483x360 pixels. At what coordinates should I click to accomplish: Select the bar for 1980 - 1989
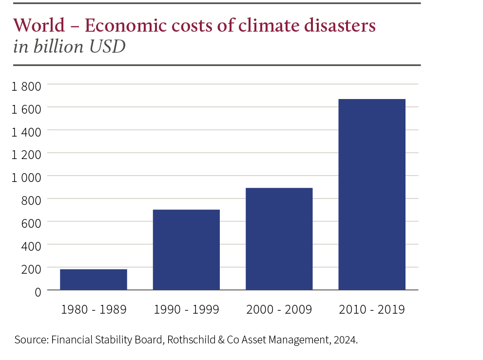pyautogui.click(x=93, y=280)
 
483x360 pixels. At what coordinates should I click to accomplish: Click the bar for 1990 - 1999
pyautogui.click(x=186, y=249)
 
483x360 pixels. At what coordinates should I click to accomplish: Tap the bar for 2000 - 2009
pyautogui.click(x=279, y=239)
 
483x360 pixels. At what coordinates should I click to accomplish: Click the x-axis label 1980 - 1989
pyautogui.click(x=94, y=310)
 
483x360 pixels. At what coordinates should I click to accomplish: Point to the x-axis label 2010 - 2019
pyautogui.click(x=371, y=310)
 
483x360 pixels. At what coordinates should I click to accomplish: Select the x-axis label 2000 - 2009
pyautogui.click(x=279, y=310)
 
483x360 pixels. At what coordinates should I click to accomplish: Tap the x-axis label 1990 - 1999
pyautogui.click(x=186, y=310)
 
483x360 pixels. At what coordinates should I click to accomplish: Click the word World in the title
pyautogui.click(x=39, y=25)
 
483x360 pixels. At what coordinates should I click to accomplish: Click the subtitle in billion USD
pyautogui.click(x=69, y=47)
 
